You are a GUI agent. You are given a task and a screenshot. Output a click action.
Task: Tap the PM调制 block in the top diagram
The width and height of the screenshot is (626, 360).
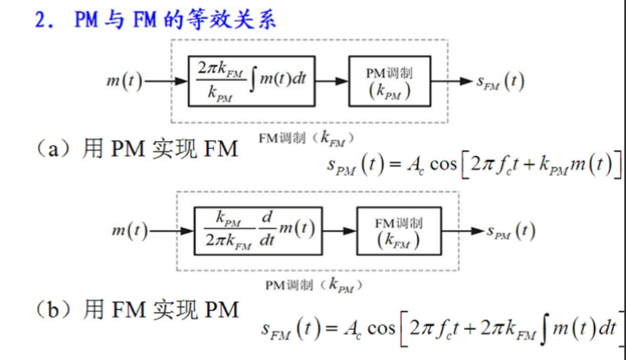(x=388, y=80)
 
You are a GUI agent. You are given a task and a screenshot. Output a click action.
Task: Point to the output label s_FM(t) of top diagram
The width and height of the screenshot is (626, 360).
(x=500, y=81)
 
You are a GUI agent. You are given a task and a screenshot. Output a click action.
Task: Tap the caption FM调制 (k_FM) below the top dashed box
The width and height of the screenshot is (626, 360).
(x=307, y=137)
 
